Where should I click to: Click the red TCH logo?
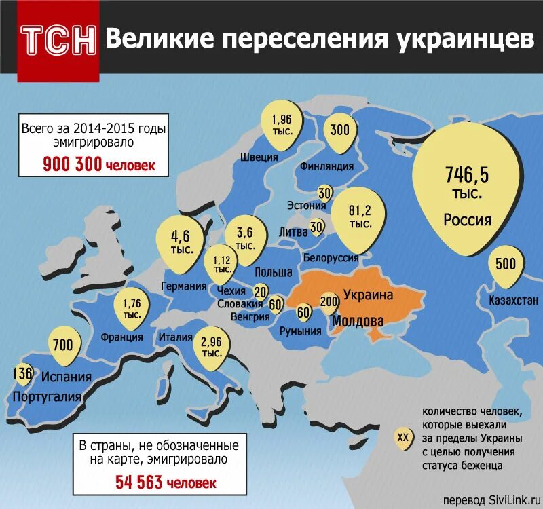(x=58, y=42)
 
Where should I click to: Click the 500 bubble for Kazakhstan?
(x=506, y=265)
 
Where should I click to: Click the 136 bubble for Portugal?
(x=22, y=373)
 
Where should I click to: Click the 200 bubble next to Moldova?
(x=329, y=301)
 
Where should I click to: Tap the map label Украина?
(x=368, y=295)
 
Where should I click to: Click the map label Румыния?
(x=301, y=331)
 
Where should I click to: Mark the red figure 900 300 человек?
(x=99, y=164)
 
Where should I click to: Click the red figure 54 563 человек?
(x=161, y=483)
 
